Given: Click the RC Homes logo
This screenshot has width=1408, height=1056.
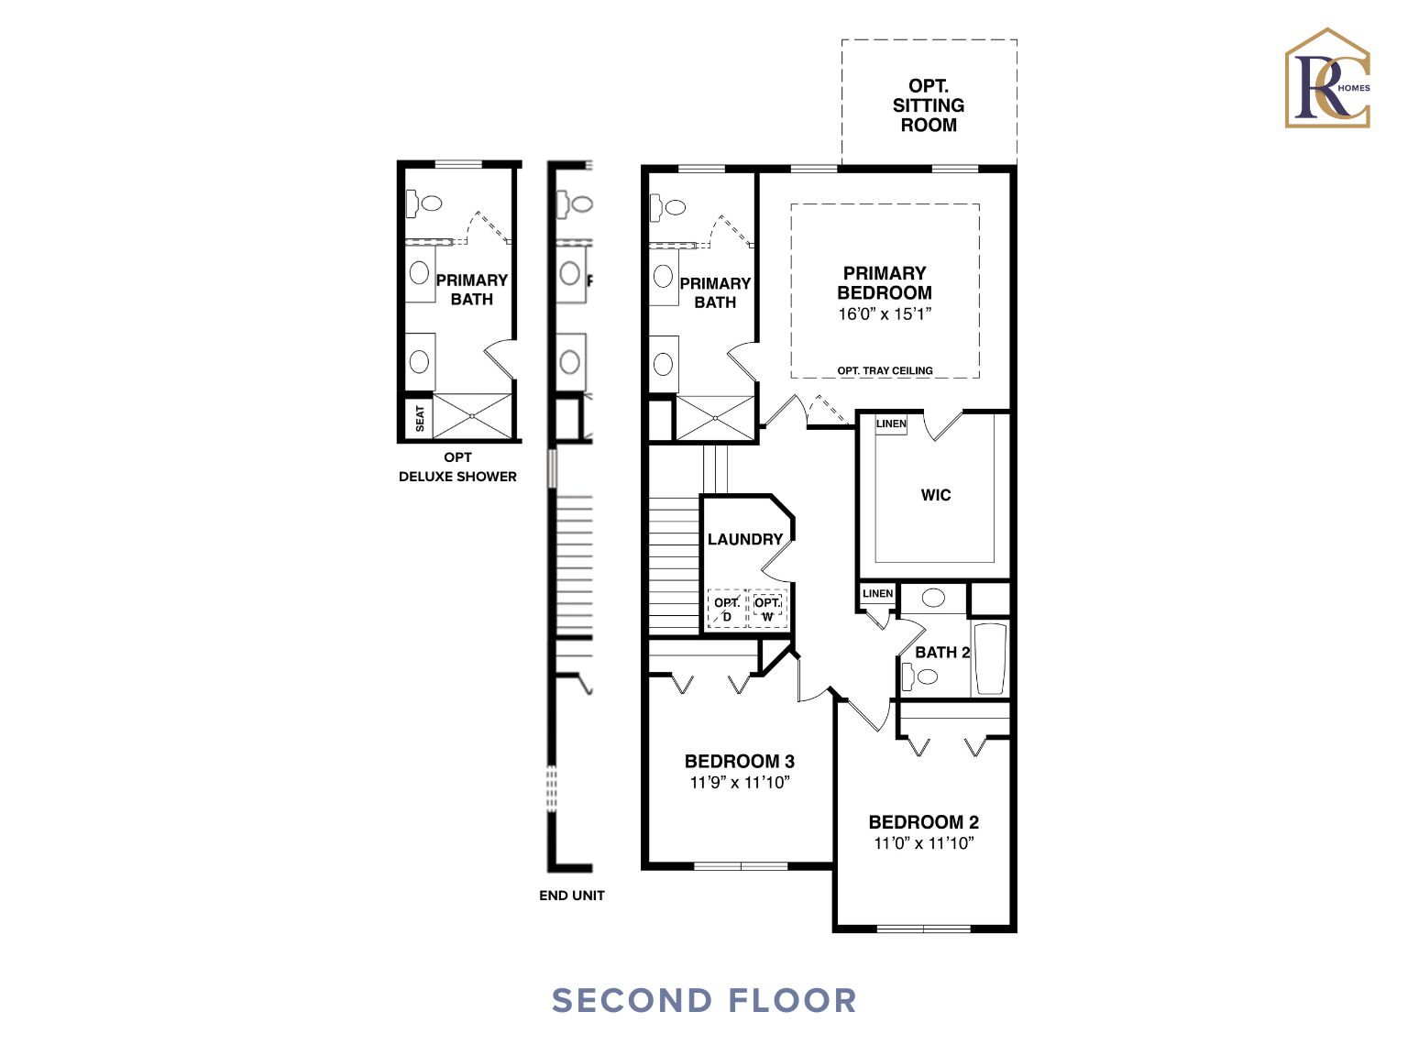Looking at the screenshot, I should [x=1327, y=79].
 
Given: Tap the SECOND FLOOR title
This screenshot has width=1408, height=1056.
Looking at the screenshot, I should [x=704, y=1000].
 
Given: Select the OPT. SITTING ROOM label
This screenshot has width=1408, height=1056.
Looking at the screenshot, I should [x=929, y=105].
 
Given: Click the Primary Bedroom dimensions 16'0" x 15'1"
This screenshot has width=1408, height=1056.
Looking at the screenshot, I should [x=885, y=314].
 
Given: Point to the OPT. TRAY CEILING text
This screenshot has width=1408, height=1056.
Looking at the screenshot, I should [x=885, y=371].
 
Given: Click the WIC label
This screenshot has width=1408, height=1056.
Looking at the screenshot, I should [x=936, y=495].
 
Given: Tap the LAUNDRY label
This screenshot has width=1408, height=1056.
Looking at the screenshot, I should [x=745, y=540].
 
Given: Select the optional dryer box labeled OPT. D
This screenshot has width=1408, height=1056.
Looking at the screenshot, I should [x=727, y=610].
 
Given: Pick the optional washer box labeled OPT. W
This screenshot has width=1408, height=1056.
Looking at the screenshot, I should [x=767, y=610].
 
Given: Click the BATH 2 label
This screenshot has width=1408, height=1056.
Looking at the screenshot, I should [x=942, y=653].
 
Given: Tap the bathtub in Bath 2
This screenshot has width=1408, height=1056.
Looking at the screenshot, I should [x=990, y=658].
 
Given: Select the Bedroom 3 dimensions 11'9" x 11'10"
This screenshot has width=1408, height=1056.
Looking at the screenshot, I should [x=740, y=783].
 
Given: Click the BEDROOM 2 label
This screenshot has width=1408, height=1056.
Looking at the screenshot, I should [x=923, y=822].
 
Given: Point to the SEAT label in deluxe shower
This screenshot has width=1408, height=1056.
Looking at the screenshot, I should [x=420, y=418].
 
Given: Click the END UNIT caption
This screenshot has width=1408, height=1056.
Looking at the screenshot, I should [x=572, y=896].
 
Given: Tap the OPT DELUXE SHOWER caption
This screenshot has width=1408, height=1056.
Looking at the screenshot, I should [x=457, y=467].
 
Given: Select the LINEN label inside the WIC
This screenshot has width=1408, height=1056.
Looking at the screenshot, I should [x=891, y=423].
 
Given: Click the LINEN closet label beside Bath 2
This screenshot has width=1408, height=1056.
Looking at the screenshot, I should [x=877, y=594].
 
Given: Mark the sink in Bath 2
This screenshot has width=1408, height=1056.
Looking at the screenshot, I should [x=933, y=599].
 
